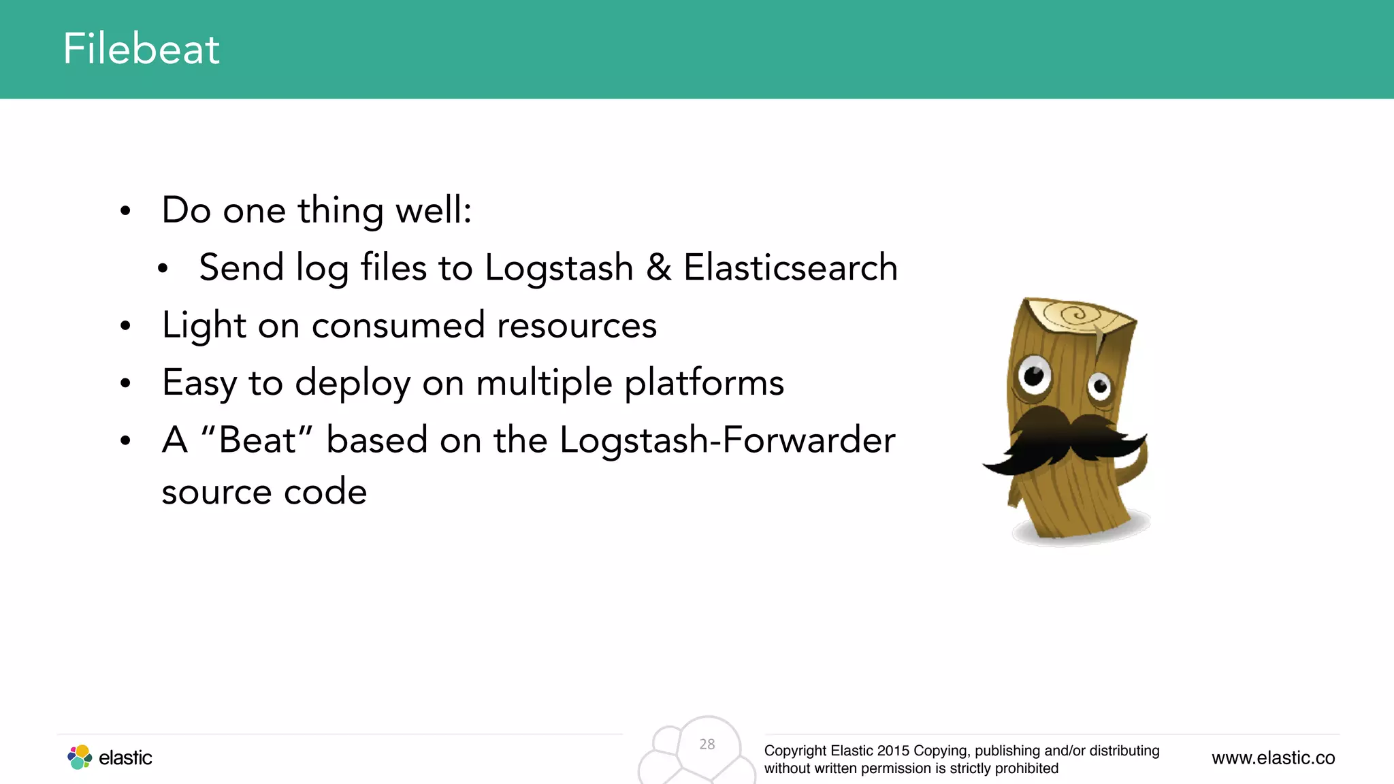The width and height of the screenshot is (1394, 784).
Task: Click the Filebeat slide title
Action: click(141, 49)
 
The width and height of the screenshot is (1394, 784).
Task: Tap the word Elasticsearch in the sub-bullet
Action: click(790, 267)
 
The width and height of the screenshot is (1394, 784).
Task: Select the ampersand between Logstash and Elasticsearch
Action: click(658, 267)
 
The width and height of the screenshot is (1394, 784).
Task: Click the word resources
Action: click(577, 325)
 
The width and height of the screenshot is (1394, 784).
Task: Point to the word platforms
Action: click(704, 383)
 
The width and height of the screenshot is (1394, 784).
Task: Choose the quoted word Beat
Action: click(257, 440)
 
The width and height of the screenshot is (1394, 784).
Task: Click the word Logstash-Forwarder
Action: click(726, 440)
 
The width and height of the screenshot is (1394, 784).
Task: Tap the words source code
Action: click(264, 491)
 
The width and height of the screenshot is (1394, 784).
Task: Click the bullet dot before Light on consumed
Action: click(125, 326)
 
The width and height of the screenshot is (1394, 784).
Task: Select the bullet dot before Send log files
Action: click(163, 269)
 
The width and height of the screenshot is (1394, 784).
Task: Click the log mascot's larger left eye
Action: click(1034, 374)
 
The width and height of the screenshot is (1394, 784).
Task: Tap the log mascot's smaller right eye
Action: click(1099, 387)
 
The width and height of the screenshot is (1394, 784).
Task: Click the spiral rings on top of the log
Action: click(1074, 315)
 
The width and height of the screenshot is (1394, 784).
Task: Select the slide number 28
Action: click(707, 745)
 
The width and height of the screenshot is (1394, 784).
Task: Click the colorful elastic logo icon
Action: click(80, 757)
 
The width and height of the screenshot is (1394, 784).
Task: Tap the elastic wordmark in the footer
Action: click(125, 758)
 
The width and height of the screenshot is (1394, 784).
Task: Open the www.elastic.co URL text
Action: click(1273, 758)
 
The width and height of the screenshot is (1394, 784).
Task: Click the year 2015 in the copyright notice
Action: click(893, 751)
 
